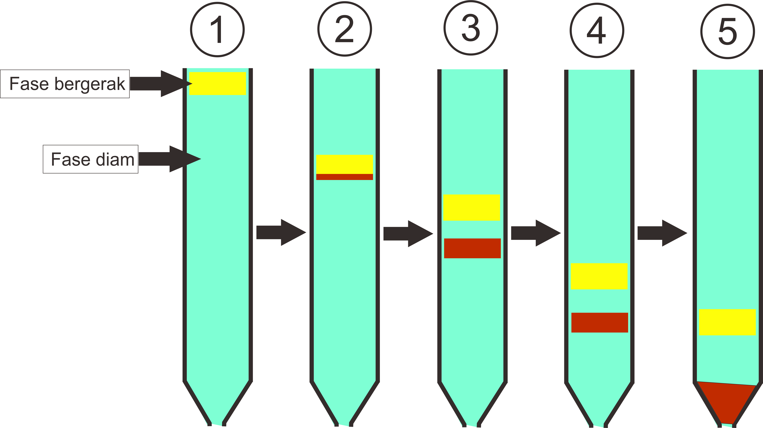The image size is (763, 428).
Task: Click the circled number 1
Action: pyautogui.click(x=217, y=30)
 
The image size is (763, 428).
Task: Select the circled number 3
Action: pyautogui.click(x=471, y=28)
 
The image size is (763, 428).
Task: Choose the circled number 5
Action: pyautogui.click(x=727, y=31)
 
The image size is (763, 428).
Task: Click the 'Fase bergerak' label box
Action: pyautogui.click(x=65, y=84)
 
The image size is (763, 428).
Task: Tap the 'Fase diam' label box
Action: pyautogui.click(x=91, y=159)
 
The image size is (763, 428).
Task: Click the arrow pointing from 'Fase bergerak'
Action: pyautogui.click(x=161, y=83)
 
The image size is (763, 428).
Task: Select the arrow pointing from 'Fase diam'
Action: pyautogui.click(x=170, y=159)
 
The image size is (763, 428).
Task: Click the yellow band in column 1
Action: pyautogui.click(x=218, y=83)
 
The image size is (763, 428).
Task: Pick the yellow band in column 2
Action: pyautogui.click(x=345, y=164)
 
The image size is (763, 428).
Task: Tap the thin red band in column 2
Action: pyautogui.click(x=345, y=177)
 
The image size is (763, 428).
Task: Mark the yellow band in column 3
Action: pyautogui.click(x=472, y=208)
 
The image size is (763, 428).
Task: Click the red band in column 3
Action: pyautogui.click(x=473, y=248)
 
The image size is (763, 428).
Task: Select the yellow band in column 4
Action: pyautogui.click(x=599, y=276)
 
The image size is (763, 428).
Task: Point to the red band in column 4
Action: pyautogui.click(x=600, y=323)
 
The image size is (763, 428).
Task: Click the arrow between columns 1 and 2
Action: pyautogui.click(x=281, y=232)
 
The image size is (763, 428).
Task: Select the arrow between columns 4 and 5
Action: pyautogui.click(x=662, y=233)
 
